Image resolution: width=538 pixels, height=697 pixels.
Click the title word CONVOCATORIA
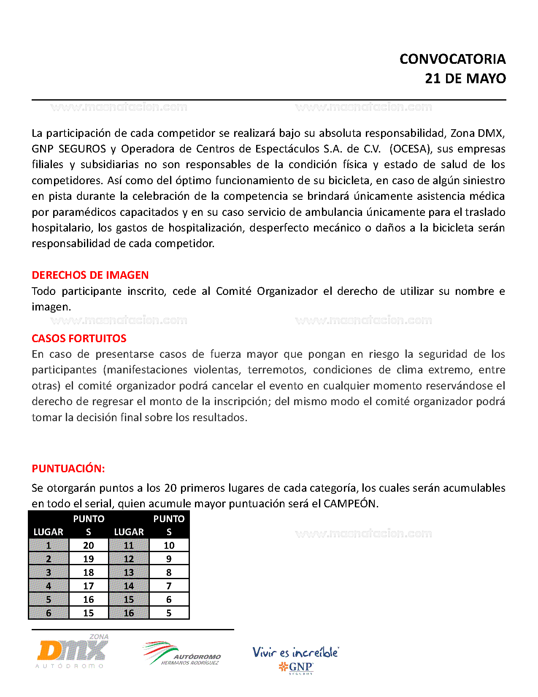point(452,59)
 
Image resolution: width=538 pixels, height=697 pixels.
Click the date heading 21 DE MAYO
point(465,79)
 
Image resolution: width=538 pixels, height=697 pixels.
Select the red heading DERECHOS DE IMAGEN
point(90,275)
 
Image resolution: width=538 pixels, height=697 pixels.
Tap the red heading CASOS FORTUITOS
point(79,338)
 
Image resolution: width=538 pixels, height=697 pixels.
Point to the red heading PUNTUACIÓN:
point(68,468)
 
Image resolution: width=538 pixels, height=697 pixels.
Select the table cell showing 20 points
point(89,545)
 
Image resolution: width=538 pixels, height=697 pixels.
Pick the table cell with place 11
point(129,545)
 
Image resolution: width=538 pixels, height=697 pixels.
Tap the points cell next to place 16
point(169,613)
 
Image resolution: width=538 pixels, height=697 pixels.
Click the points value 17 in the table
point(89,586)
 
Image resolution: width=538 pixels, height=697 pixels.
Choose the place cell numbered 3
point(49,572)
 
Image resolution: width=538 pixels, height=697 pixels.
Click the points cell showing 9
point(169,559)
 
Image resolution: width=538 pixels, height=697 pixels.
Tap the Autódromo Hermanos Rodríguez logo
point(182,654)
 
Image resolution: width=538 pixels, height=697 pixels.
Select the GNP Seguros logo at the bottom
point(296,667)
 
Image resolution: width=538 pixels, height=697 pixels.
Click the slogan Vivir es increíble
point(295,652)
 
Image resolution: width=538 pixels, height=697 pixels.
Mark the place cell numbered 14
point(129,586)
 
